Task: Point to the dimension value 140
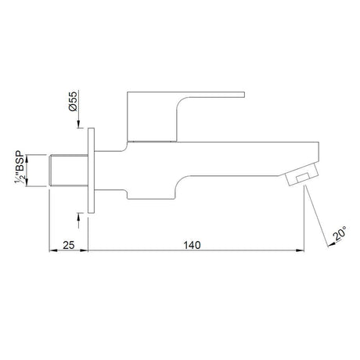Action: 193,245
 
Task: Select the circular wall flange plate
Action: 92,170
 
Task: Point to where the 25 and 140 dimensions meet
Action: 89,252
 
